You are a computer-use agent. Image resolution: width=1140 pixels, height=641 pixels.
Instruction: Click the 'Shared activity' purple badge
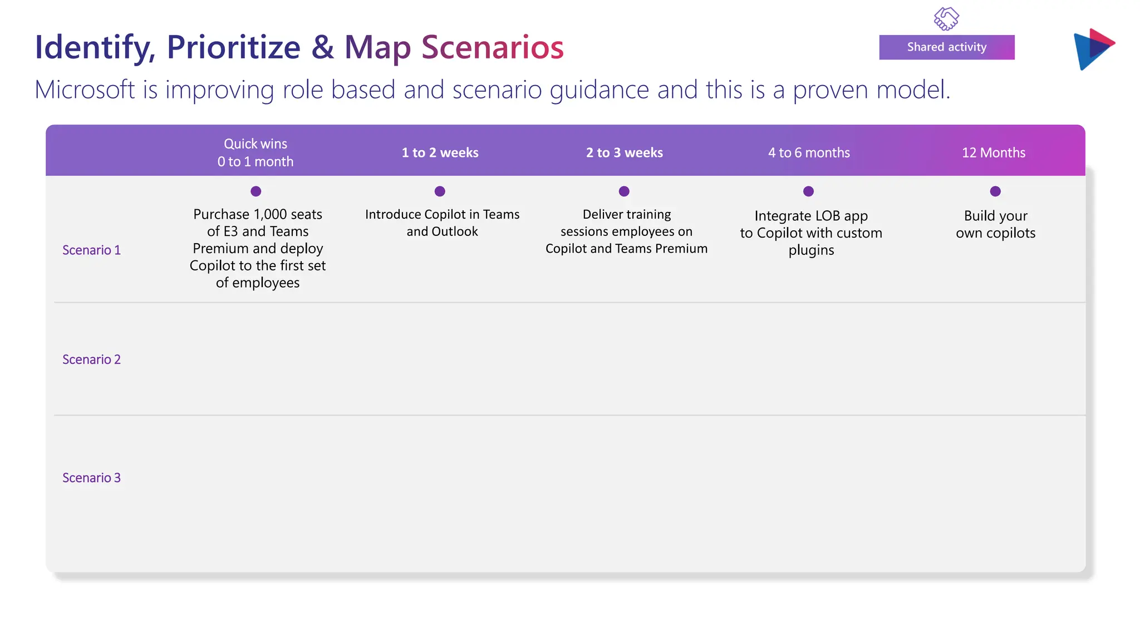pos(946,47)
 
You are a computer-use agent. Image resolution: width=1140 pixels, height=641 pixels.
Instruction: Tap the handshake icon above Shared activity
pos(946,19)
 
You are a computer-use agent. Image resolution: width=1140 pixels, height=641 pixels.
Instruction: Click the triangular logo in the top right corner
pos(1093,49)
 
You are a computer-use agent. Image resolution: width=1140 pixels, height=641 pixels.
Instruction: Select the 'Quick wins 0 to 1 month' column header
pos(255,152)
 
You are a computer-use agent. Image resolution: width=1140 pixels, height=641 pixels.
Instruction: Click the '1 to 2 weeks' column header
pos(440,152)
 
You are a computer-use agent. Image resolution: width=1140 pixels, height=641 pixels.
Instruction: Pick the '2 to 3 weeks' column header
pos(624,152)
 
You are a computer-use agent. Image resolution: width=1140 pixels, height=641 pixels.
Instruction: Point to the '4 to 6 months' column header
pos(809,152)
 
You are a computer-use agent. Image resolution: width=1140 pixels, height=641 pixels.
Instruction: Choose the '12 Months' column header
pos(994,152)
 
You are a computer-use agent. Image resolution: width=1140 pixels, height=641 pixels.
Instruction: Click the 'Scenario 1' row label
pos(91,250)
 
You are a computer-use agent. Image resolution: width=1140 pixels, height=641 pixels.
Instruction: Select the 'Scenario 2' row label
pos(91,359)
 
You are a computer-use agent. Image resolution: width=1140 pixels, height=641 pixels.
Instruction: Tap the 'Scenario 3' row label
pos(91,478)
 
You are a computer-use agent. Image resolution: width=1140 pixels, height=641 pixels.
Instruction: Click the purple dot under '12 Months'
pos(995,191)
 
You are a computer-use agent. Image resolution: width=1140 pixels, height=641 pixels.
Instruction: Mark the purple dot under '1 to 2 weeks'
pos(440,191)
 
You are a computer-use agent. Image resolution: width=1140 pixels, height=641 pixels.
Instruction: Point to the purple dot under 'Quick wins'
pos(255,191)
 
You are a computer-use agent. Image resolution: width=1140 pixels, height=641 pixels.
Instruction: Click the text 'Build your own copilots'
pos(995,224)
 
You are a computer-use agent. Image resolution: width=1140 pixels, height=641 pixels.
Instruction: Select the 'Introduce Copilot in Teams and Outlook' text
pos(442,223)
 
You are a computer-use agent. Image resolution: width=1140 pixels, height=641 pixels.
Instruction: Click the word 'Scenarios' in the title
pos(492,47)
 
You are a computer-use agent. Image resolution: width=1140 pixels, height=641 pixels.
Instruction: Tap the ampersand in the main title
pos(322,47)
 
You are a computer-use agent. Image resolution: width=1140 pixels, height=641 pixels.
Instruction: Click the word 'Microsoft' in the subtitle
pos(85,90)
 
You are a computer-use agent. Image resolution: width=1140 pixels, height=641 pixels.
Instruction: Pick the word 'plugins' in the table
pos(811,250)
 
